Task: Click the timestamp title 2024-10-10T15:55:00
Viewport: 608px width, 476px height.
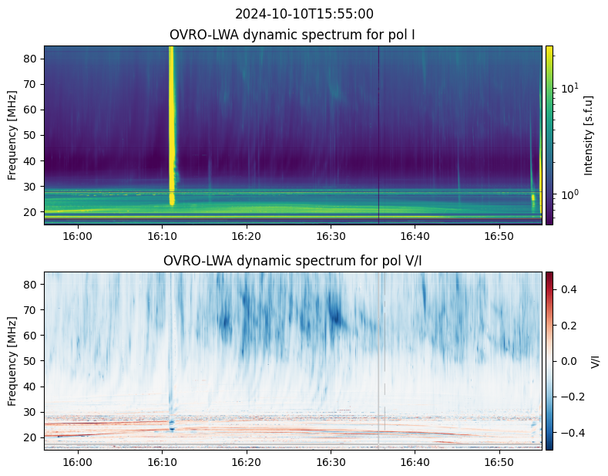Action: pyautogui.click(x=304, y=14)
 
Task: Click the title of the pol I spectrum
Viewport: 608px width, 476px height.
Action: pyautogui.click(x=292, y=35)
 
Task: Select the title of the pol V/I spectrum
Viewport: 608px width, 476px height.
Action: pyautogui.click(x=292, y=261)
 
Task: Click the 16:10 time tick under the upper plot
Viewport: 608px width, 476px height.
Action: pyautogui.click(x=162, y=235)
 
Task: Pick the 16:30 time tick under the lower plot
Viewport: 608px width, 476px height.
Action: pyautogui.click(x=331, y=462)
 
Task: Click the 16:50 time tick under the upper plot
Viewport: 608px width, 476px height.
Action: pyautogui.click(x=499, y=235)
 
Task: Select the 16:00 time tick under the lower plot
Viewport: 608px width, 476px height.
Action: pyautogui.click(x=78, y=462)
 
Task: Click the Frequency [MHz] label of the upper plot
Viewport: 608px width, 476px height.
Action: pyautogui.click(x=12, y=135)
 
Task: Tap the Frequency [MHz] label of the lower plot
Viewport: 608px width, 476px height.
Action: pyautogui.click(x=12, y=361)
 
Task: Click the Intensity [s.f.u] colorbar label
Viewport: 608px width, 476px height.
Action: pyautogui.click(x=588, y=135)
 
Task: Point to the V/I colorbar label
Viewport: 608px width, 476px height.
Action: pyautogui.click(x=595, y=361)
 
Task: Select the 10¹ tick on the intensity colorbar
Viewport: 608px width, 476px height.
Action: pyautogui.click(x=570, y=87)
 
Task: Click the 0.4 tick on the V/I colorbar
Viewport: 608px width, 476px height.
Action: pyautogui.click(x=568, y=289)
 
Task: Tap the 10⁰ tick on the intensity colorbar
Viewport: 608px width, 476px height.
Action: pyautogui.click(x=570, y=194)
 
